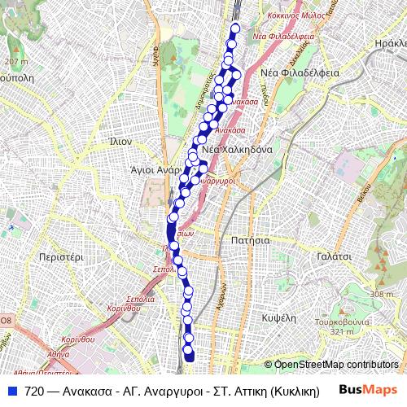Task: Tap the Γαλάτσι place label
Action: pos(334,256)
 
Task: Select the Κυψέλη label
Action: pos(278,317)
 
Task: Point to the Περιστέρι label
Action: pos(61,256)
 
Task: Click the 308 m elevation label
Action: pos(381,294)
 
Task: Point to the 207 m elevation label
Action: pos(15,61)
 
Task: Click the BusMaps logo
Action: pos(368,391)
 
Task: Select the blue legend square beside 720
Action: pos(11,391)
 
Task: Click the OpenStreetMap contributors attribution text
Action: pos(335,364)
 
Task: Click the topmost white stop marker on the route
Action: pos(235,28)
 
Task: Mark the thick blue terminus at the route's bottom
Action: pos(190,355)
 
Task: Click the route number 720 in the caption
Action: pos(34,391)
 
